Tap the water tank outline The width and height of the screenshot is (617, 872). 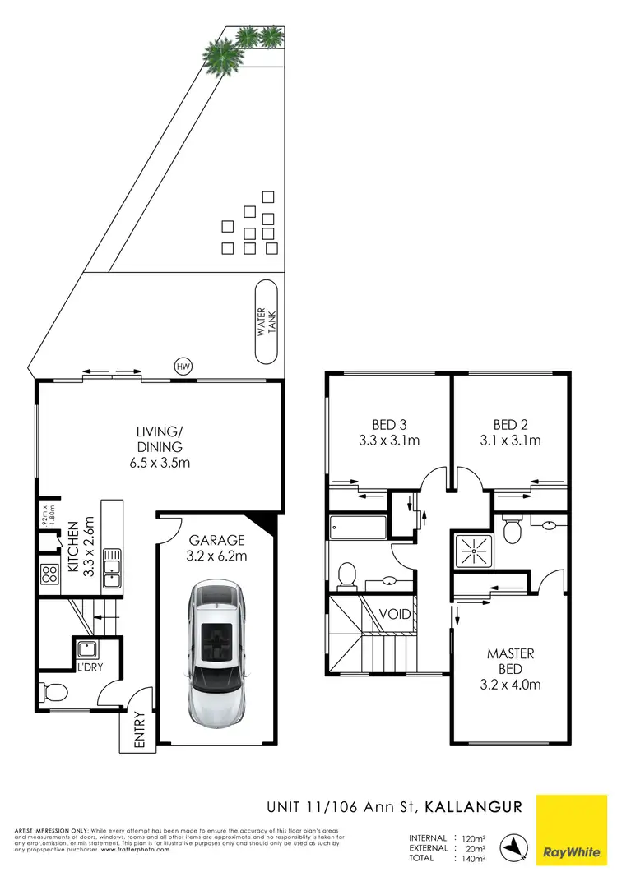[267, 321]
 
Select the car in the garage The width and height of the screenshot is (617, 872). [218, 651]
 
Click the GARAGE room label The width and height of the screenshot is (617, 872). [217, 540]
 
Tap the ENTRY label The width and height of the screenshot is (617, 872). [138, 730]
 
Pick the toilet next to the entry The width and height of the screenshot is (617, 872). [53, 692]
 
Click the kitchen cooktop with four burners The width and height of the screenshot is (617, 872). [49, 573]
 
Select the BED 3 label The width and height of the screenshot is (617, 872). [389, 425]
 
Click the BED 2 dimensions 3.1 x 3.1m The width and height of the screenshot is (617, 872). [510, 441]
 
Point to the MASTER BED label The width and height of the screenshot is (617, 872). [510, 662]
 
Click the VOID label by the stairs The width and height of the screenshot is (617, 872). [395, 614]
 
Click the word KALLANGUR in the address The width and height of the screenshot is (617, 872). [472, 807]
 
